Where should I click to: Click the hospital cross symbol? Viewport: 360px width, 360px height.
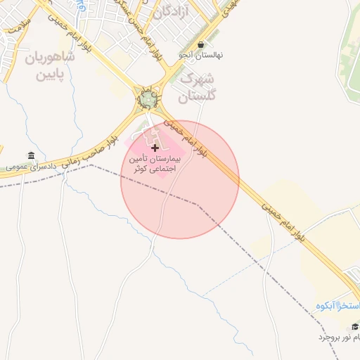(x=155, y=148)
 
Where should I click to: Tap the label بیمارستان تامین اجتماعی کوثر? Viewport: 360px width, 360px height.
(x=155, y=165)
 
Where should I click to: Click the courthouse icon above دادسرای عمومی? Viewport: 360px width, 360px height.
(x=30, y=155)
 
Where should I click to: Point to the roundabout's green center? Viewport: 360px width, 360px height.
(x=148, y=100)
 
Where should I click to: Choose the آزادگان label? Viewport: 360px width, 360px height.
(x=173, y=11)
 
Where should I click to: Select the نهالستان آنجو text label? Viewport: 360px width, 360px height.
(x=195, y=54)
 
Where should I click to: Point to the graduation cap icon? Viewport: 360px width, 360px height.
(x=354, y=326)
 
